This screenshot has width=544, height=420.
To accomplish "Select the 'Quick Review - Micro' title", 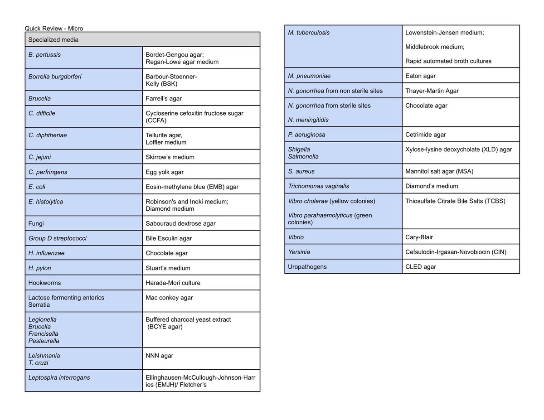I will pos(54,29).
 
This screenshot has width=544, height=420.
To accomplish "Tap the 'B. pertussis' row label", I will pos(44,55).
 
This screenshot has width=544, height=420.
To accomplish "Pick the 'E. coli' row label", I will pos(37,187).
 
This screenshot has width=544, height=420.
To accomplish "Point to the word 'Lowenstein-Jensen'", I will pos(430,33).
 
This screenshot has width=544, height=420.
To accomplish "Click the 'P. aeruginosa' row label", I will pos(306,135).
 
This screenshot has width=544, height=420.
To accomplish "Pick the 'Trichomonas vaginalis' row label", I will pos(318,186).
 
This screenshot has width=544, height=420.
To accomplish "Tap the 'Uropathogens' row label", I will pos(307,267).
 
